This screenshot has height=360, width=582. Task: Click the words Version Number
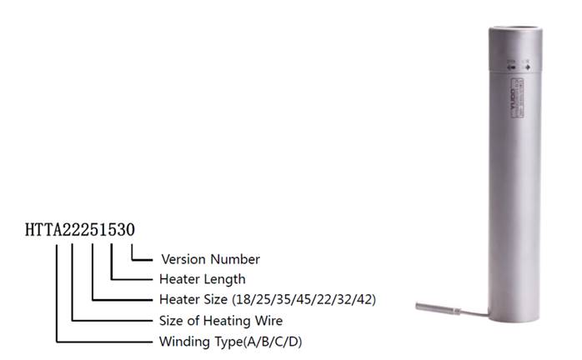click(210, 259)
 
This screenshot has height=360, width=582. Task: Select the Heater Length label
click(202, 279)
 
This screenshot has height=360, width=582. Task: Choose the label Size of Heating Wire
click(221, 321)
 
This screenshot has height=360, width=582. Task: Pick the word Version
click(185, 259)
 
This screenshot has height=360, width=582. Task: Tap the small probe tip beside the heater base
click(433, 307)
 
